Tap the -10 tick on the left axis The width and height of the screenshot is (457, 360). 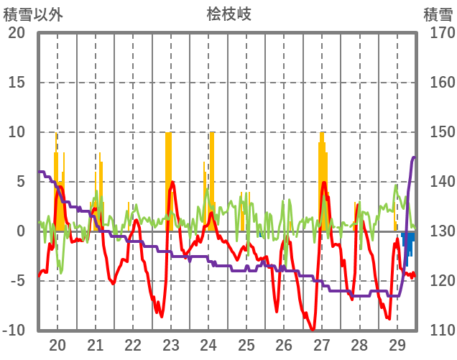click(14, 331)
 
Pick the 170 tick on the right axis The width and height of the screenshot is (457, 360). click(438, 33)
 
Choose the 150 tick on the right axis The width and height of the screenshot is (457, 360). click(438, 132)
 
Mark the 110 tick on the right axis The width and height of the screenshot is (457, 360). click(438, 331)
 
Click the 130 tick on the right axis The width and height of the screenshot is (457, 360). click(438, 231)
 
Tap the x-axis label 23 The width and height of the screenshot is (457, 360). click(170, 345)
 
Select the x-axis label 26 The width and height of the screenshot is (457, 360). click(284, 345)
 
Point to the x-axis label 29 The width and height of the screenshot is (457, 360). click(397, 345)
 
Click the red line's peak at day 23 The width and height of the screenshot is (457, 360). click(172, 183)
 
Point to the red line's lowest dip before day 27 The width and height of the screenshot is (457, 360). click(312, 329)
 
